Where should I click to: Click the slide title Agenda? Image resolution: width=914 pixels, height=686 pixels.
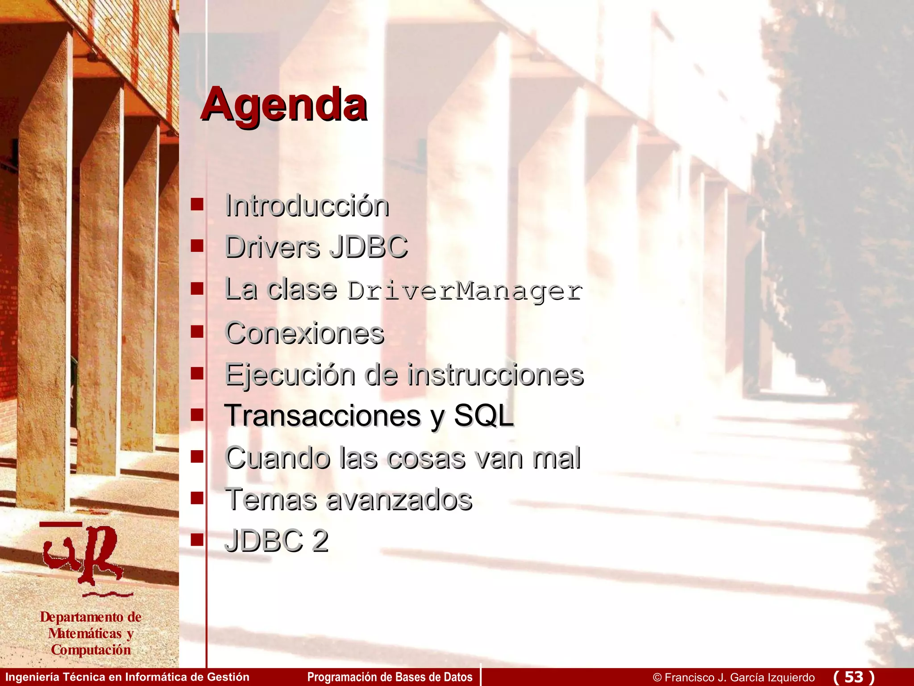click(283, 105)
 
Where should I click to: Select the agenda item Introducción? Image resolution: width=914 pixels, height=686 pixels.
click(307, 206)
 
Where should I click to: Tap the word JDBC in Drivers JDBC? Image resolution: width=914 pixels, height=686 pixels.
click(368, 247)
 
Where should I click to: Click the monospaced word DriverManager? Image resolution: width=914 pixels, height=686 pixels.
click(465, 291)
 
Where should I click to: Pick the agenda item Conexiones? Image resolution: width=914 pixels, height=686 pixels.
click(304, 333)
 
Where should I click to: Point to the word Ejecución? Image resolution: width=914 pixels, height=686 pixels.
click(290, 375)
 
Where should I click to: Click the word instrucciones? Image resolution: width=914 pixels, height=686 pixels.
click(495, 375)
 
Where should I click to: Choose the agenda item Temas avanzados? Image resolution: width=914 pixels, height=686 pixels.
click(348, 499)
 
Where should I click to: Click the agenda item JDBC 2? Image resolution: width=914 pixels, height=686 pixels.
click(276, 541)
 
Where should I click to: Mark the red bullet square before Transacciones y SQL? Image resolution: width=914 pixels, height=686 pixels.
click(197, 415)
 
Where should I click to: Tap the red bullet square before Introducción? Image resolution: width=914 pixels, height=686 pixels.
click(197, 205)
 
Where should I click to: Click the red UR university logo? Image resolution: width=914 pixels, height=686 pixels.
click(85, 556)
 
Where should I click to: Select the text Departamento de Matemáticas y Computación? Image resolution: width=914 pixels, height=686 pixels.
click(91, 633)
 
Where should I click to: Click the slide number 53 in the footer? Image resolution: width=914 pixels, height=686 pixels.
click(853, 677)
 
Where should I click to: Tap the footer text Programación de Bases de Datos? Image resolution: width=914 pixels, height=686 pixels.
click(390, 677)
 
